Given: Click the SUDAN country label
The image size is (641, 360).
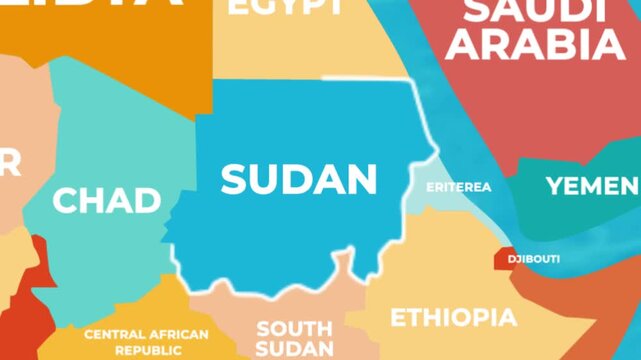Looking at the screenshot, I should click(299, 180).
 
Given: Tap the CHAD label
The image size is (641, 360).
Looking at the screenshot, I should click(107, 200).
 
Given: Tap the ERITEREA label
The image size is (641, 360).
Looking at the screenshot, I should click(459, 187).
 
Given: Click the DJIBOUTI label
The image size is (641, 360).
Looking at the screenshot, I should click(534, 259).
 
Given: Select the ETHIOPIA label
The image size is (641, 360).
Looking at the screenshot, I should click(454, 318).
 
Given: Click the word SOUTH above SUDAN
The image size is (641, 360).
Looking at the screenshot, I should click(294, 328).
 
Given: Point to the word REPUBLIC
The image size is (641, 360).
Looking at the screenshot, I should click(148, 351).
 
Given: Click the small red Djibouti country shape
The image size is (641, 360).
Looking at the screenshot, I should click(504, 258).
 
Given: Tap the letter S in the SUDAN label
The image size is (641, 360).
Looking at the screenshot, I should click(233, 180).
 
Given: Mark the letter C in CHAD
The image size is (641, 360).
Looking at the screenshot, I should click(64, 200).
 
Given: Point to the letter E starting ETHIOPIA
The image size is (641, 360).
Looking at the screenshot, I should click(397, 318).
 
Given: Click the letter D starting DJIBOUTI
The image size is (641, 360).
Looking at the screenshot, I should click(512, 259).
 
